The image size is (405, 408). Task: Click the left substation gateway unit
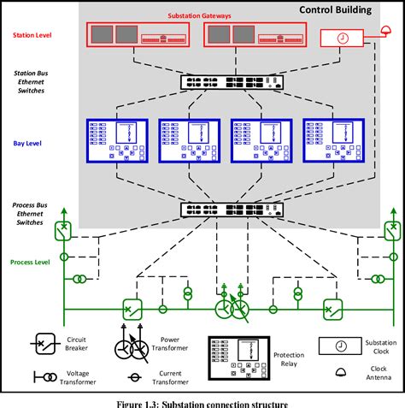pyautogui.click(x=137, y=35)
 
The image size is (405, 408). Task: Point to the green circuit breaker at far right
pyautogui.click(x=390, y=231)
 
